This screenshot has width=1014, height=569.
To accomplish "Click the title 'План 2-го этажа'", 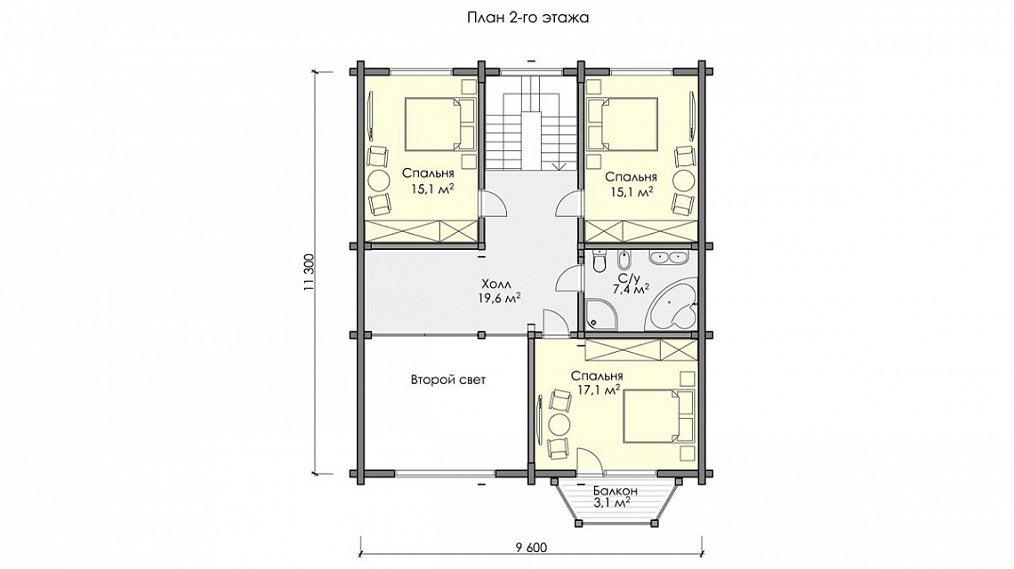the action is (527, 18).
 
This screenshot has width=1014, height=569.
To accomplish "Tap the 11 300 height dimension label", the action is (310, 272).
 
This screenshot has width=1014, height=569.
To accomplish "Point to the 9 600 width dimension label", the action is (532, 548).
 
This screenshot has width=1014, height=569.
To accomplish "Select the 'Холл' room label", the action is (496, 284).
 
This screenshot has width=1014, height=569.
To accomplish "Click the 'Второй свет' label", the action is (448, 380).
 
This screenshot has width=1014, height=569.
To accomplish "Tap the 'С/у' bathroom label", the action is (629, 278).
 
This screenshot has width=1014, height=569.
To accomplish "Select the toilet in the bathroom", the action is (599, 260).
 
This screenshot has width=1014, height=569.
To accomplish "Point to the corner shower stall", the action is (600, 316).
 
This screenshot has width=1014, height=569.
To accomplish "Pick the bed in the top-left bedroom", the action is (440, 123).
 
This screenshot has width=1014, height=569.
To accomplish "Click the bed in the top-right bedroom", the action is (622, 123).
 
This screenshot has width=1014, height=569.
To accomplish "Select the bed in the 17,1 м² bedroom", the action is (658, 416).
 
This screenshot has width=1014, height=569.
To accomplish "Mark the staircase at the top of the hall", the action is (530, 124).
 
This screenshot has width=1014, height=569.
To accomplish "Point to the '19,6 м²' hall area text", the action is (500, 298).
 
